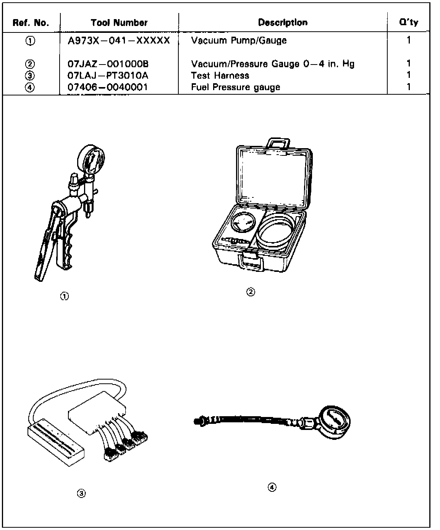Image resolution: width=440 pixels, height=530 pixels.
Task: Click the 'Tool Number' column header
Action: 119,23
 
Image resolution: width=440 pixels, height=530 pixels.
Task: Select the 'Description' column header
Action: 283,23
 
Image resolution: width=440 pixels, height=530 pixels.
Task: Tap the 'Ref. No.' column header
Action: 31,23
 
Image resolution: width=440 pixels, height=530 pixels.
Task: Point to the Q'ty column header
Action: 408,22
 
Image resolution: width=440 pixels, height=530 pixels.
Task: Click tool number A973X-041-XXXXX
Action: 118,40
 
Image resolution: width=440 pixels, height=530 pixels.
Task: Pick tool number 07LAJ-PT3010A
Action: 108,76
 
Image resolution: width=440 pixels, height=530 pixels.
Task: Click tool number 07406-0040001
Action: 107,87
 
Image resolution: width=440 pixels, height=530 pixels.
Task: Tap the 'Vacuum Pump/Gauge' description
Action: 239,40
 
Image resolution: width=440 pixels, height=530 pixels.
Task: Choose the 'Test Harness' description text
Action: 220,76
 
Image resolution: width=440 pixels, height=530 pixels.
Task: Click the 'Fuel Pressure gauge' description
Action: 236,87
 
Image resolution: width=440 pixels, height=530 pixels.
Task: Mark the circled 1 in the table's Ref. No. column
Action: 31,41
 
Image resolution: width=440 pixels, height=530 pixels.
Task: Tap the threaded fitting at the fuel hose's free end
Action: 199,421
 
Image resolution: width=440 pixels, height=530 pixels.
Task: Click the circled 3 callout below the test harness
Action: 81,494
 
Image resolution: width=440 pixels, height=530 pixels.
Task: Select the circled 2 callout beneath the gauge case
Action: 251,292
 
